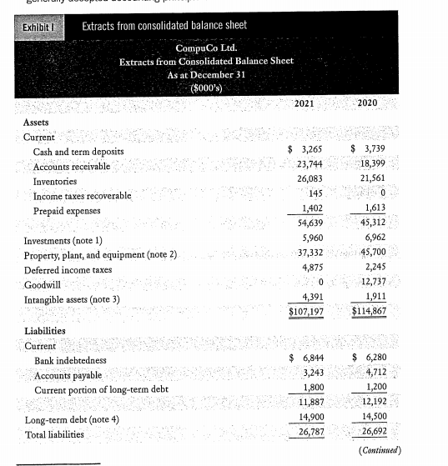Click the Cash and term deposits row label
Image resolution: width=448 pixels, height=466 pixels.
click(x=78, y=152)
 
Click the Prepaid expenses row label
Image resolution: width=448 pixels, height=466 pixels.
click(x=69, y=210)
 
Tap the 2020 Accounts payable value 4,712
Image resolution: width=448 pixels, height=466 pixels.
click(x=372, y=373)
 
